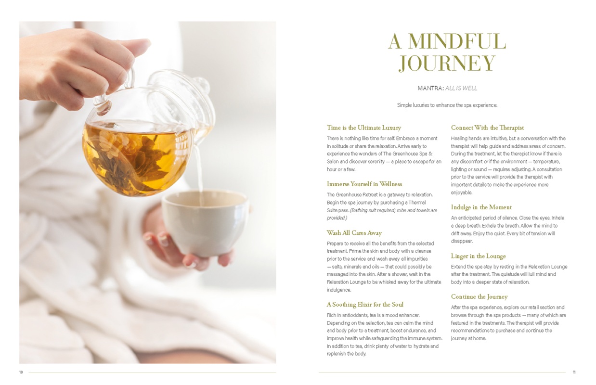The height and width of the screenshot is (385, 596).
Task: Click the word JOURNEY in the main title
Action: (x=447, y=64)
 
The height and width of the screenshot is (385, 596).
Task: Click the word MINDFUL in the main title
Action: (x=457, y=41)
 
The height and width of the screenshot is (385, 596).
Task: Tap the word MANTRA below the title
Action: (x=430, y=88)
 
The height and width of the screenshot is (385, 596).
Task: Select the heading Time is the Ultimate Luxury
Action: (x=364, y=128)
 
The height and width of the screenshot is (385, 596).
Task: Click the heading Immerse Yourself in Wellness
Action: (x=364, y=184)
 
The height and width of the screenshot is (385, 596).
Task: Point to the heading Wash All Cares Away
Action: (x=354, y=233)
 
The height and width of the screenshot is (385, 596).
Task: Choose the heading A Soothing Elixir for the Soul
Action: (x=365, y=304)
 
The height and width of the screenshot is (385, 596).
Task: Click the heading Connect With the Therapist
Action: (x=487, y=128)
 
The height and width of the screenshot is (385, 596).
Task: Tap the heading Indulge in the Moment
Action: (x=481, y=207)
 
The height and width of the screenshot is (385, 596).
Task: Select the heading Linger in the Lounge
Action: (x=478, y=256)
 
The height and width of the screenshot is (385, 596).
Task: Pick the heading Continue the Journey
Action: (x=479, y=296)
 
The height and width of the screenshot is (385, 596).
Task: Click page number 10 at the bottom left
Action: (x=21, y=372)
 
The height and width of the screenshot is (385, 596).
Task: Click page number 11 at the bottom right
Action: (x=574, y=372)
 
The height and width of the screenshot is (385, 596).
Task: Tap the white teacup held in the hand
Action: (x=206, y=223)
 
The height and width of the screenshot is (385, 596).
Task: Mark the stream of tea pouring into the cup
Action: (x=198, y=176)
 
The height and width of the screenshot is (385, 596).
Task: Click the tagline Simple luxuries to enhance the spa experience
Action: (x=447, y=105)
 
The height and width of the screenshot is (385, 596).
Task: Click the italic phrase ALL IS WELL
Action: (x=461, y=88)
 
